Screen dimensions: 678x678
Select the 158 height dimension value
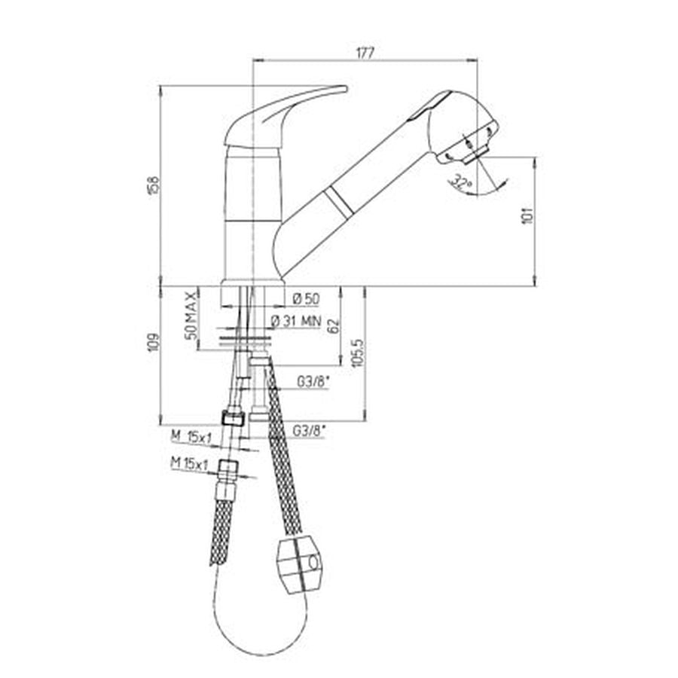pos(154,185)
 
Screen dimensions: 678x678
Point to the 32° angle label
pos(461,182)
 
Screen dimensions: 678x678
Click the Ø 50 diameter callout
pos(305,299)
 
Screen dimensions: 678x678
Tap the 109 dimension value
pos(154,343)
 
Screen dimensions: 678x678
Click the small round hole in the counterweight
pos(311,561)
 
